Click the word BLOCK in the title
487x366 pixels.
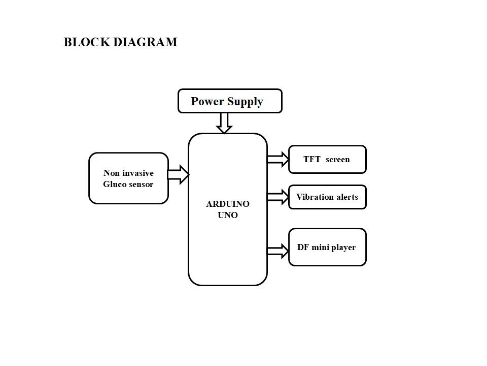tap(87, 42)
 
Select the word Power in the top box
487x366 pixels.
tap(207, 101)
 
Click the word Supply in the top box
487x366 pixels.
tap(245, 102)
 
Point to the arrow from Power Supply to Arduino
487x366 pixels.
tap(224, 123)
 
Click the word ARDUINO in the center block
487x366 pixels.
tap(228, 204)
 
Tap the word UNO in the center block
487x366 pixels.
tap(228, 215)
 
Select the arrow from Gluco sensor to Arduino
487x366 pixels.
tap(178, 174)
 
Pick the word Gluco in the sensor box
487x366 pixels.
tap(113, 184)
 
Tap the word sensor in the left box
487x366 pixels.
tap(140, 185)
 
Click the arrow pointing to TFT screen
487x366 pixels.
tap(278, 159)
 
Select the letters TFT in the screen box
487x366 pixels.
tap(312, 159)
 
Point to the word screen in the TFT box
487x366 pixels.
tap(338, 160)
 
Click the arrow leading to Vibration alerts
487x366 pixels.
tap(278, 197)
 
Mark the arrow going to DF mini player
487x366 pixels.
tap(278, 251)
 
